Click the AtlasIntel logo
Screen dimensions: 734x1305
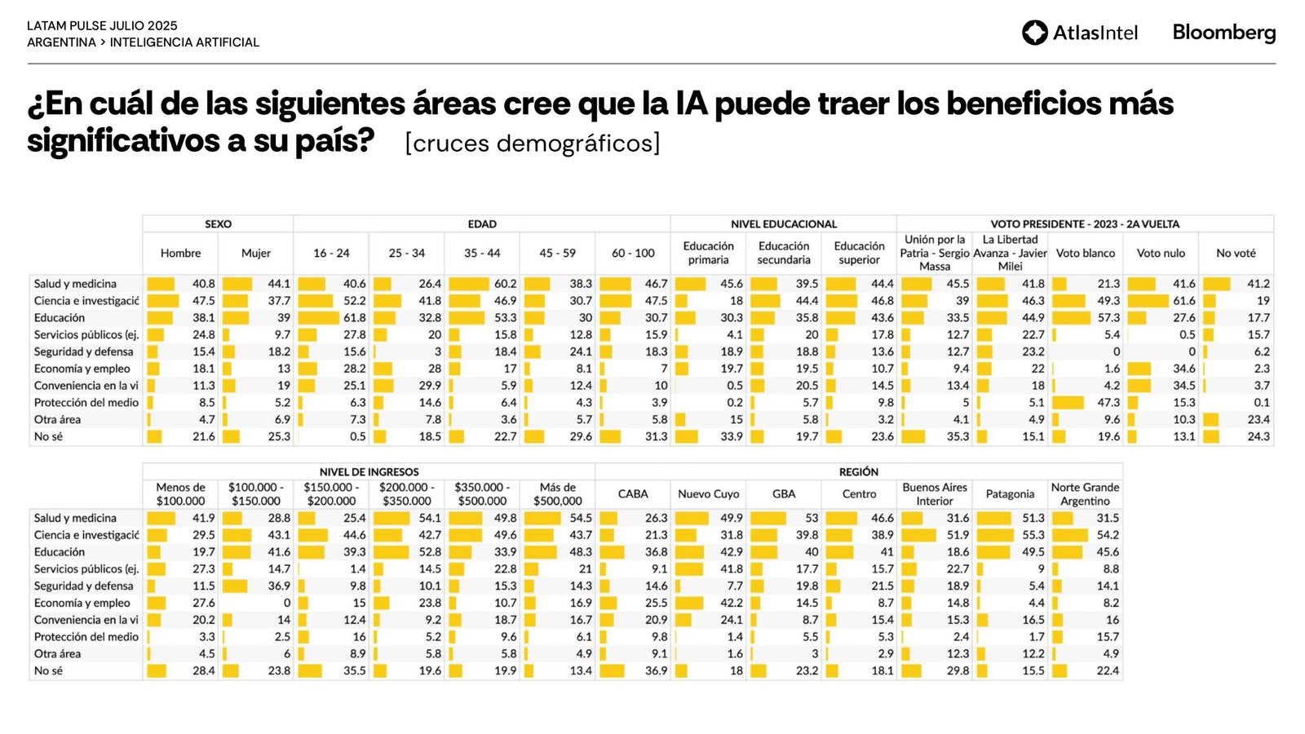(x=1079, y=33)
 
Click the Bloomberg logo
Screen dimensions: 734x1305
(x=1223, y=33)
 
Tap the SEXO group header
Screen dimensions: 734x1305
(x=218, y=224)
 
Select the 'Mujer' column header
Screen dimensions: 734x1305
(x=255, y=254)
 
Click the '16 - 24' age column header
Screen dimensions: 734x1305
(x=331, y=254)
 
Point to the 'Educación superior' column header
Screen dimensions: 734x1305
(x=859, y=253)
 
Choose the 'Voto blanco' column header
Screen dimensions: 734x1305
(x=1085, y=254)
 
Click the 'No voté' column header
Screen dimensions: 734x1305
(x=1236, y=254)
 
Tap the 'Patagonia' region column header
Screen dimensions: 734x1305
(x=1010, y=494)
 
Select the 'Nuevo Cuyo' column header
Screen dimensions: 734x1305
(x=708, y=494)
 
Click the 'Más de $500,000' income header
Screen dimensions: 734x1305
(x=557, y=494)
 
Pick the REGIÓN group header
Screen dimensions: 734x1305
(x=858, y=472)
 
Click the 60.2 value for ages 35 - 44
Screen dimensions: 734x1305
(x=505, y=284)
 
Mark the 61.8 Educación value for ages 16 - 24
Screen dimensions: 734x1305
(x=354, y=318)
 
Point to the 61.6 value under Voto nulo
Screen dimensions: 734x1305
(x=1183, y=301)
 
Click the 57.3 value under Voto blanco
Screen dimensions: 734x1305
(x=1108, y=318)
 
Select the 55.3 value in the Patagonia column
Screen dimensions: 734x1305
(x=1033, y=535)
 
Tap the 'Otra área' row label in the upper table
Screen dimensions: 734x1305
(x=57, y=420)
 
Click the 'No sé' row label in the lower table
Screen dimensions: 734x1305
(x=48, y=671)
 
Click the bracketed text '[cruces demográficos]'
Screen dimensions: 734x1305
(x=532, y=144)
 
